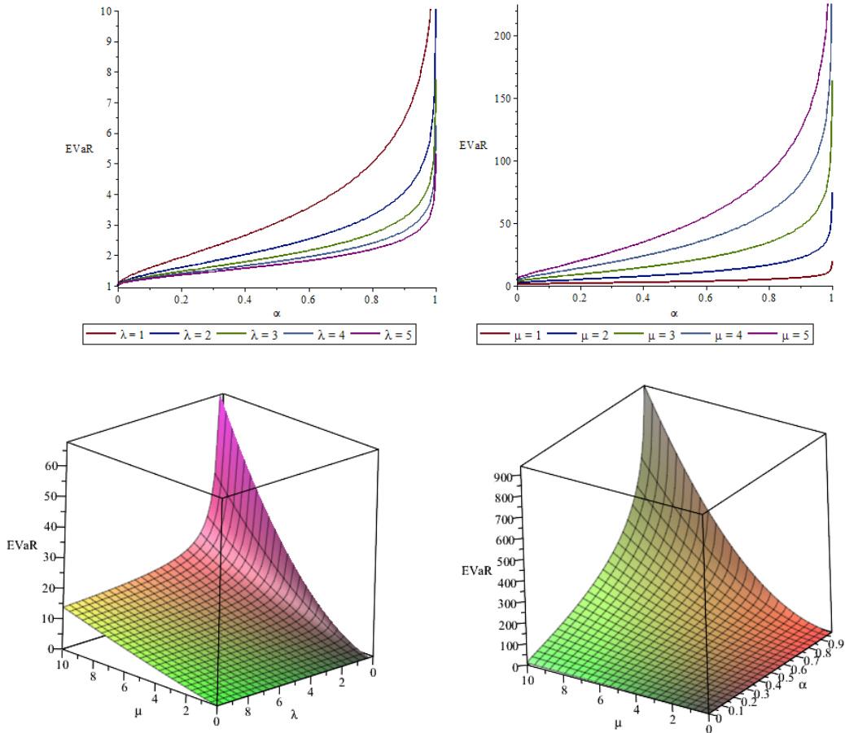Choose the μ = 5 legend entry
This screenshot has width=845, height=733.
pos(777,335)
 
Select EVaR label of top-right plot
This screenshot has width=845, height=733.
pos(473,146)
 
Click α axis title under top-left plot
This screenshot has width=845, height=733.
pos(276,312)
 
